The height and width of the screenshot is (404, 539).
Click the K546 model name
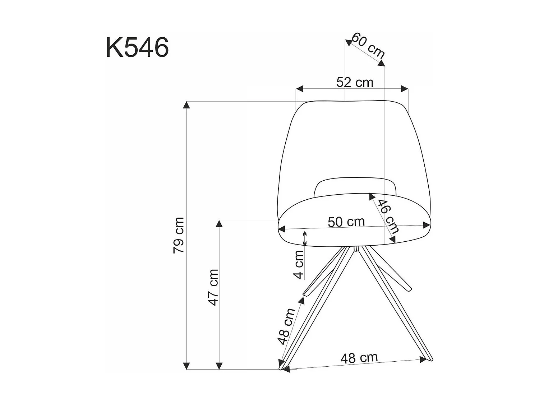(x=137, y=47)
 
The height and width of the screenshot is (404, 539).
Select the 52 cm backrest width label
(x=355, y=83)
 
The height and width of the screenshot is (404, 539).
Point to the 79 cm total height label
(x=179, y=235)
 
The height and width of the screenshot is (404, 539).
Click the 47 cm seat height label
(x=213, y=288)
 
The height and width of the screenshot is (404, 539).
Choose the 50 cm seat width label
(x=346, y=222)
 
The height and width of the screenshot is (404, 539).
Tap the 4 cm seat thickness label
(x=299, y=265)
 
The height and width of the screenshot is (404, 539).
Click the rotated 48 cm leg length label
(x=286, y=326)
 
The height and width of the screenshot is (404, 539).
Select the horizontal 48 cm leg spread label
(x=359, y=358)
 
